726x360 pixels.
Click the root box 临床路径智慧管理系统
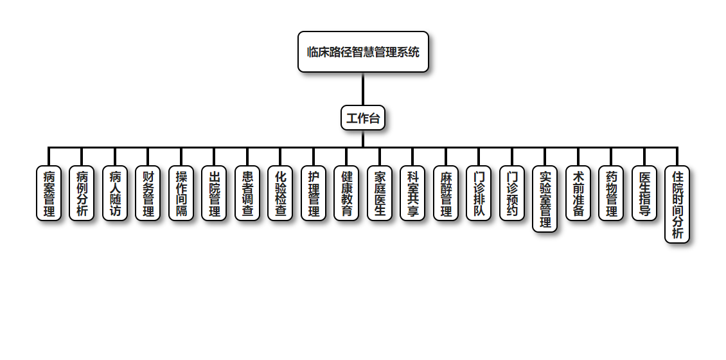point(363,51)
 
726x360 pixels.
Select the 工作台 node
point(363,118)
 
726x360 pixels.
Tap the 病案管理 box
point(49,194)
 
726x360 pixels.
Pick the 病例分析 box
point(82,194)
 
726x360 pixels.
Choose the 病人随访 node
point(115,194)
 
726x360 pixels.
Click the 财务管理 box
point(148,194)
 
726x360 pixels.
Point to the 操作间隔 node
point(181,194)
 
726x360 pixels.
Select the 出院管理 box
point(214,194)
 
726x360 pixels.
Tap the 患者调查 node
point(247,194)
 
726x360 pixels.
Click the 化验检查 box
point(280,194)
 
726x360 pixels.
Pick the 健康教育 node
point(346,194)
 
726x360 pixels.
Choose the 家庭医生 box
point(380,194)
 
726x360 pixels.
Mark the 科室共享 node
point(412,194)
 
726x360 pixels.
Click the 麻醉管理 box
point(446,194)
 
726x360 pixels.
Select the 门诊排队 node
point(479,194)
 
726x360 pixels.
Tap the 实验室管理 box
point(545,199)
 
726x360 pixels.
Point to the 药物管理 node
point(611,194)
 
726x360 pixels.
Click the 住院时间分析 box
point(677,204)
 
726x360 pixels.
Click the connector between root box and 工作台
point(363,89)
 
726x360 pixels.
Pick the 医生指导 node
point(644,194)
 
